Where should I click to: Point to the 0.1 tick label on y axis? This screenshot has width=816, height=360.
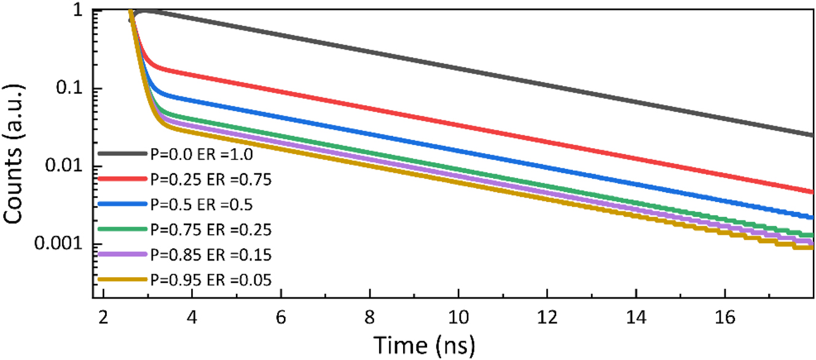(x=69, y=88)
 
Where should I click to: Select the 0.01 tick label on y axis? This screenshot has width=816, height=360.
(x=64, y=166)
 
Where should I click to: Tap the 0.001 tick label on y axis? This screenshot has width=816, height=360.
(x=59, y=244)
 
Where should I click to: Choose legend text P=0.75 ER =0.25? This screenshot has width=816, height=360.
(x=210, y=229)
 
